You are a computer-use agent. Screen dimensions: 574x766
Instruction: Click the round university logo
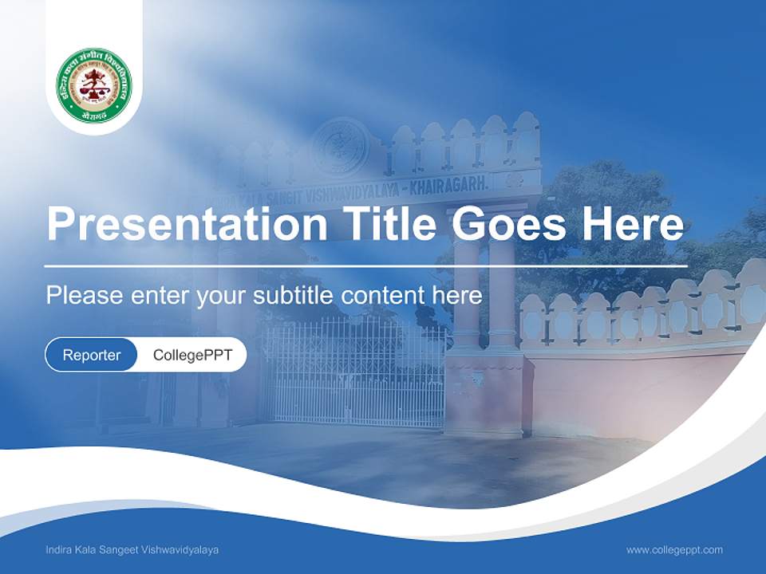pyautogui.click(x=94, y=85)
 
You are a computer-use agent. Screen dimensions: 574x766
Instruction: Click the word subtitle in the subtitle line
pyautogui.click(x=294, y=296)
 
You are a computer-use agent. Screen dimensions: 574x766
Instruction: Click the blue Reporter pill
pyautogui.click(x=92, y=355)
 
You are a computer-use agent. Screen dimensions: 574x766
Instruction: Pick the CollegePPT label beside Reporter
pyautogui.click(x=192, y=355)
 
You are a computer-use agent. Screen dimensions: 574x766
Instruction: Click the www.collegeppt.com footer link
pyautogui.click(x=674, y=549)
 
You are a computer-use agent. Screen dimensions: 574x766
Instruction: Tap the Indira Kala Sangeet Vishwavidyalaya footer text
pyautogui.click(x=132, y=550)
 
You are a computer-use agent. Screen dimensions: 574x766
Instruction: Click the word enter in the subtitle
pyautogui.click(x=160, y=296)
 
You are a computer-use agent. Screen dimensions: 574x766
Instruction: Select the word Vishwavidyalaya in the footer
pyautogui.click(x=183, y=550)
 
